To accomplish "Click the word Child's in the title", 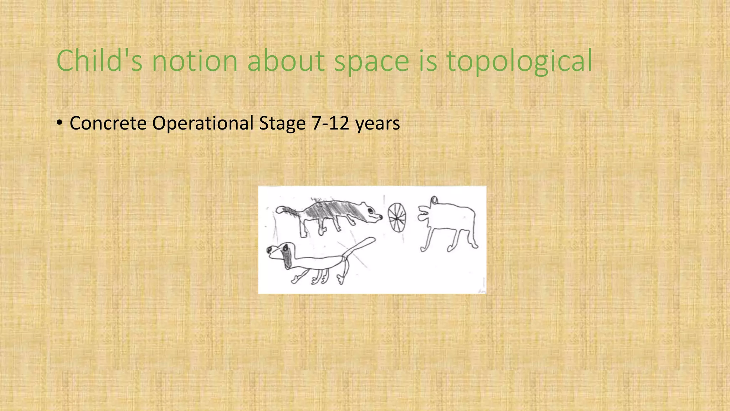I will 99,61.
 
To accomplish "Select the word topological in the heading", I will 519,61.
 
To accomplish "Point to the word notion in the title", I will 195,61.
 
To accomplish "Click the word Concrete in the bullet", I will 108,123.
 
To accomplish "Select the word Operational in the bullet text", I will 203,124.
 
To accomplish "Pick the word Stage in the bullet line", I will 282,124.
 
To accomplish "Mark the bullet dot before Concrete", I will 60,123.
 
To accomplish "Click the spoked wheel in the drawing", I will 397,217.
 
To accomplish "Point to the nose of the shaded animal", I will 381,216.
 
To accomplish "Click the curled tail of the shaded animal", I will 282,209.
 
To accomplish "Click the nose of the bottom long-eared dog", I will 269,251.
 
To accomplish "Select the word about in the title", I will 286,61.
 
